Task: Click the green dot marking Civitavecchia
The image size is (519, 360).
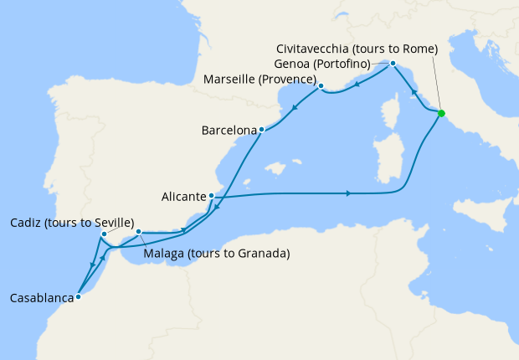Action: [x=441, y=113]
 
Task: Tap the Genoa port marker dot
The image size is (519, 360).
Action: [x=393, y=64]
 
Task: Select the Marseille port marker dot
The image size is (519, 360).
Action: [x=321, y=85]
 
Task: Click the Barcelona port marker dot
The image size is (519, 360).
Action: [x=262, y=130]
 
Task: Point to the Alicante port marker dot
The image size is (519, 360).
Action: [x=211, y=196]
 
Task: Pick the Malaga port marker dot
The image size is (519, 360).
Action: [x=139, y=232]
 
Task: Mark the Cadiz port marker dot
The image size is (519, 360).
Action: [x=103, y=234]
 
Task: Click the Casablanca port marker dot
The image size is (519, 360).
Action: [x=78, y=296]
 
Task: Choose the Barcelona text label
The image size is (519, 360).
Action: [x=229, y=131]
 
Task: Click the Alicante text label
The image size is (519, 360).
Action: [x=183, y=197]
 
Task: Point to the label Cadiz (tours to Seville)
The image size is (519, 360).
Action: [x=72, y=223]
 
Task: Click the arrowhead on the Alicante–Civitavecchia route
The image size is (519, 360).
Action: [x=347, y=194]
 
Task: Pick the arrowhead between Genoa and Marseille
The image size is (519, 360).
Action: [x=357, y=84]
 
